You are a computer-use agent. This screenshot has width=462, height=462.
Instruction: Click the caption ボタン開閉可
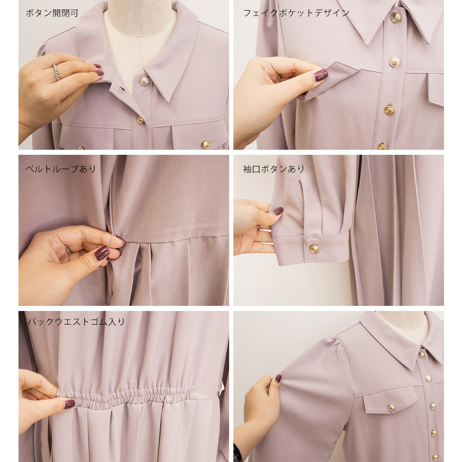tap(52, 13)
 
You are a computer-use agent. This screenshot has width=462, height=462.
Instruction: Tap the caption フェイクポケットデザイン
tap(296, 13)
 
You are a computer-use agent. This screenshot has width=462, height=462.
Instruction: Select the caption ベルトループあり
tap(61, 169)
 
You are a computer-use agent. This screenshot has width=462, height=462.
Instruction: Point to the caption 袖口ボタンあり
tap(274, 169)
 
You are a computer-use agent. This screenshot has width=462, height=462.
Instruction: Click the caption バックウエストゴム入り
tap(76, 322)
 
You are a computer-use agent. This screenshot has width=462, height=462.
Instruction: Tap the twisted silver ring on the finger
tap(56, 72)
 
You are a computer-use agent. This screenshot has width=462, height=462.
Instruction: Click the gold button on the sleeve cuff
tap(314, 249)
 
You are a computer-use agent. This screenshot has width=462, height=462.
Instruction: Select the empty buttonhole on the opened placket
tap(122, 89)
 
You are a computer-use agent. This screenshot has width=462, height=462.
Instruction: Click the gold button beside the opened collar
tap(144, 81)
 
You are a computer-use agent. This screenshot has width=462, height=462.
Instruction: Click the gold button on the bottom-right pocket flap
tap(391, 407)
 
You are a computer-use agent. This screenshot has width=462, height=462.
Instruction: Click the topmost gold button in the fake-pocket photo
tap(396, 18)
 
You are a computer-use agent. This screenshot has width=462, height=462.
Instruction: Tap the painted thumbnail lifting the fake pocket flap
tap(321, 75)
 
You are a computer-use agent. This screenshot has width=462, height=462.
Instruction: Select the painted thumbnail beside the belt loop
tap(102, 253)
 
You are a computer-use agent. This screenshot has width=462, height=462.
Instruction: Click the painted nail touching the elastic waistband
tap(70, 404)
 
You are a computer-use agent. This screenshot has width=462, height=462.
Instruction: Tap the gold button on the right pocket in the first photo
tap(206, 144)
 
